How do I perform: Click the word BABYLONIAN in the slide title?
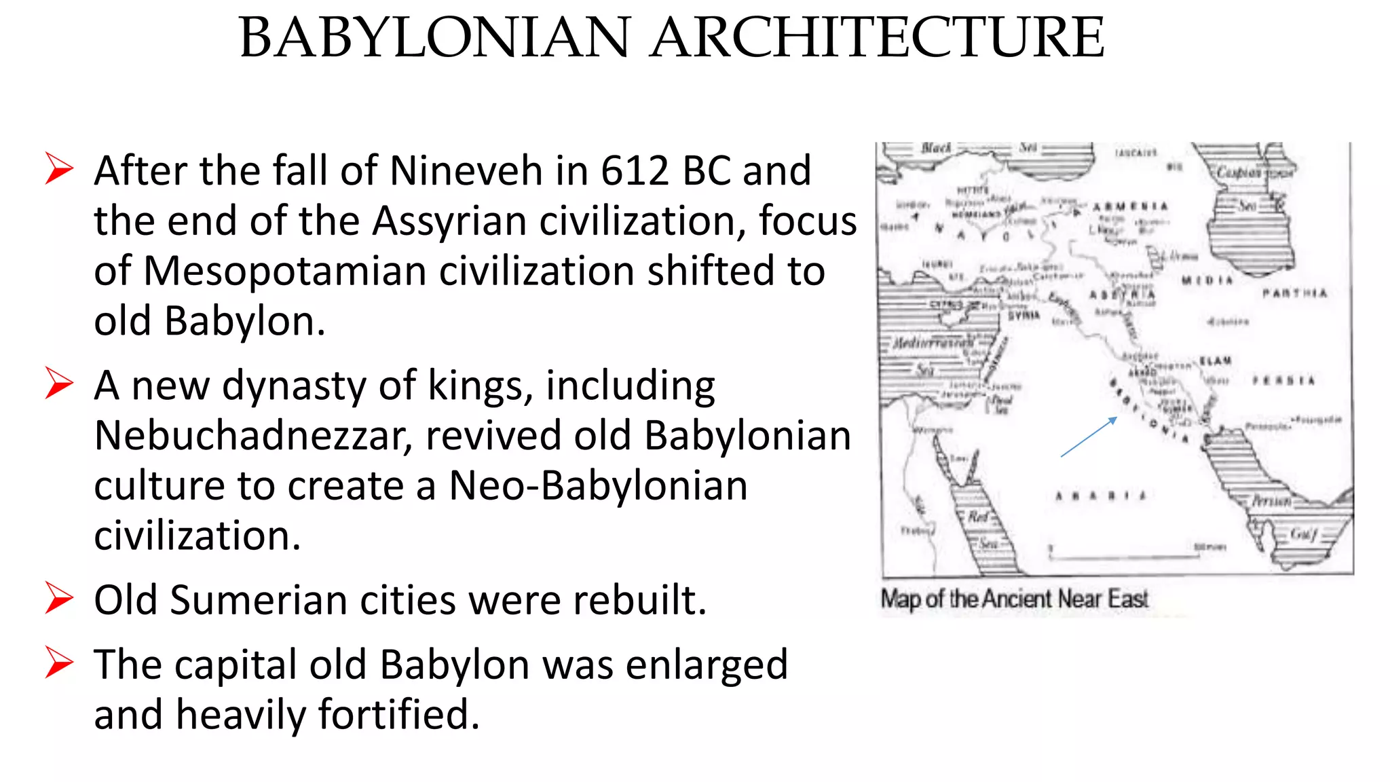(435, 38)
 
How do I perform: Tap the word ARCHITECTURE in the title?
(878, 38)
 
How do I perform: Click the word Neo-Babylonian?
(598, 485)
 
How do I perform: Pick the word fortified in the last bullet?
(398, 714)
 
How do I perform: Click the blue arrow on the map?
(1089, 436)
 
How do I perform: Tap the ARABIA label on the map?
(1100, 496)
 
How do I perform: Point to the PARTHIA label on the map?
(1294, 293)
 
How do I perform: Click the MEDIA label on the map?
(1207, 280)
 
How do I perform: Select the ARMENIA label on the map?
(1130, 206)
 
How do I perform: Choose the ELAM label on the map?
(1216, 360)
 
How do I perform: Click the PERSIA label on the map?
(1283, 381)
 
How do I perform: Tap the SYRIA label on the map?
(1023, 316)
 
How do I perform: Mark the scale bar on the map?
(1123, 555)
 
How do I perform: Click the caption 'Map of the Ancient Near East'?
(1014, 599)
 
